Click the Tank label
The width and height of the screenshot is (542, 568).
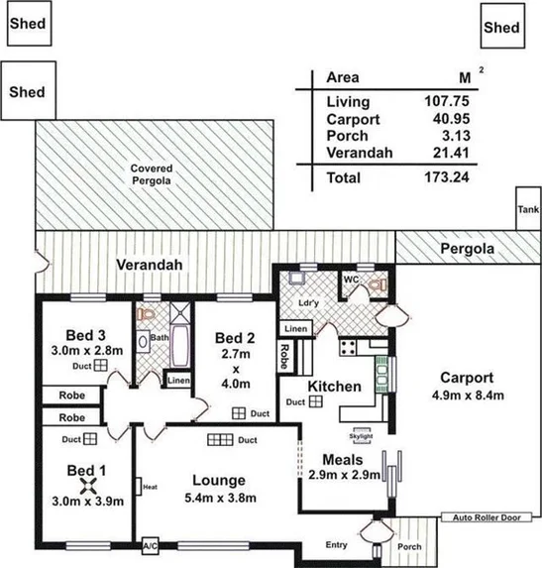click(528, 210)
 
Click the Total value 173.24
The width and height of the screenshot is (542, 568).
click(444, 178)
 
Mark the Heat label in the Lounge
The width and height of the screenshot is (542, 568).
click(151, 487)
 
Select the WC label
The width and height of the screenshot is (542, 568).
click(350, 279)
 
